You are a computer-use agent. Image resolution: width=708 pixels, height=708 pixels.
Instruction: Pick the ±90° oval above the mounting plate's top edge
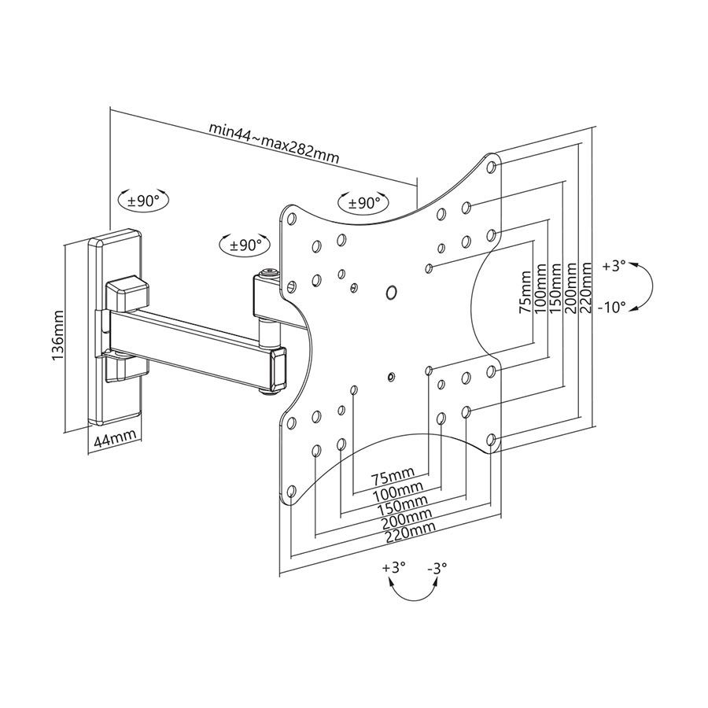point(363,203)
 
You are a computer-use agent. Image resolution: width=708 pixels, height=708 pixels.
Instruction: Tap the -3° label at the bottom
point(437,566)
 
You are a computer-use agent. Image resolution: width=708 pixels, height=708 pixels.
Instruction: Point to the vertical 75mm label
point(525,293)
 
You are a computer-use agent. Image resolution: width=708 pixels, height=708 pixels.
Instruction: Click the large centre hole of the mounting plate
point(392,293)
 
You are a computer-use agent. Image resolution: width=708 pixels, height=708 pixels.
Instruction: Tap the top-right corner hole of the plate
point(492,168)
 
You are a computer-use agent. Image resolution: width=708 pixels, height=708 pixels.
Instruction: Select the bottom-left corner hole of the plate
point(290,492)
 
